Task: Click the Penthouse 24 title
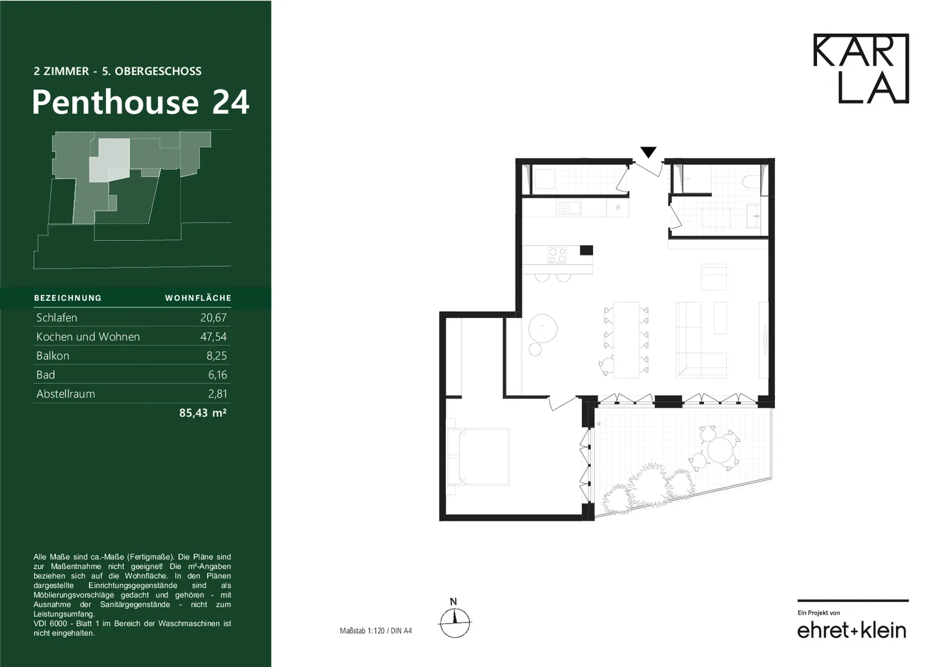(141, 103)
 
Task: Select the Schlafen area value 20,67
(214, 317)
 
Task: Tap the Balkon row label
(52, 356)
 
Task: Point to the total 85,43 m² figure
(203, 413)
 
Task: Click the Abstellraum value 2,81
(217, 394)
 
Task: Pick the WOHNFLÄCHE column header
(198, 298)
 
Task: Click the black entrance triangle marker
(648, 151)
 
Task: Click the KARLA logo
(861, 68)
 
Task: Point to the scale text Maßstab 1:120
(362, 631)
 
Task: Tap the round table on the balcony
(721, 450)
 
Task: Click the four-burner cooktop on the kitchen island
(557, 255)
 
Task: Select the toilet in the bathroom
(751, 182)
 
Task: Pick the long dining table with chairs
(626, 340)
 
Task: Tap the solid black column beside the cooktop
(587, 250)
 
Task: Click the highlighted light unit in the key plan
(109, 161)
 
